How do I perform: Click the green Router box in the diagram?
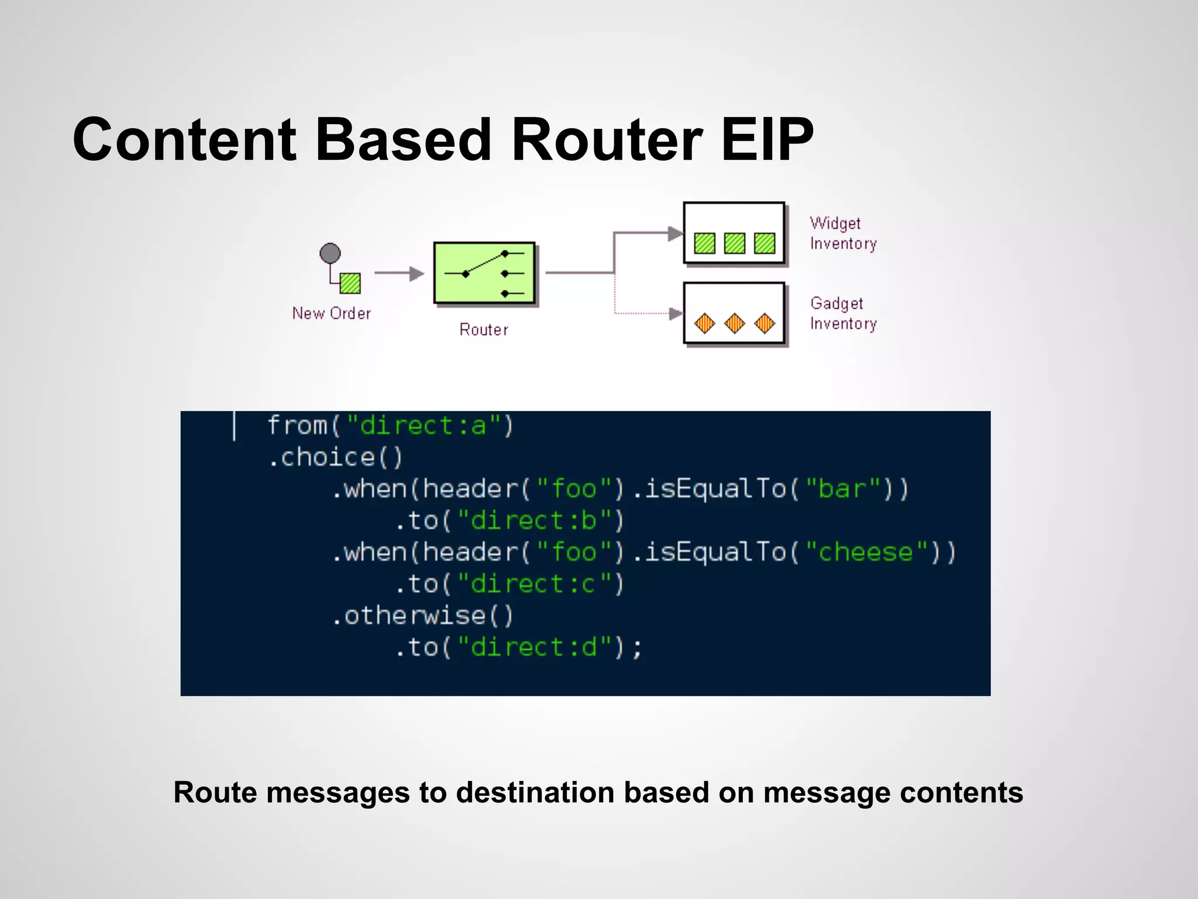tap(484, 273)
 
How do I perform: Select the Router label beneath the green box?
tap(483, 330)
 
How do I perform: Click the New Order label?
tap(331, 313)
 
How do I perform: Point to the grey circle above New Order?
tap(330, 253)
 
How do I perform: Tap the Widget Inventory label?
tap(843, 233)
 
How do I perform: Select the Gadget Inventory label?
tap(843, 313)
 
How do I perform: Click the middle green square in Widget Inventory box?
tap(734, 243)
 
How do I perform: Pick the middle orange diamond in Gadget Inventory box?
tap(734, 323)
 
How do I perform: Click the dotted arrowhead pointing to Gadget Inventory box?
tap(676, 314)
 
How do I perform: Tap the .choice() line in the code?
tap(335, 457)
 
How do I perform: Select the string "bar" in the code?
tap(842, 489)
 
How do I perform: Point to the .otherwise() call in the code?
tap(422, 616)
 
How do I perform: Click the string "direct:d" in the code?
tap(534, 647)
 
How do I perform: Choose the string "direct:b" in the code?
tap(534, 520)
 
